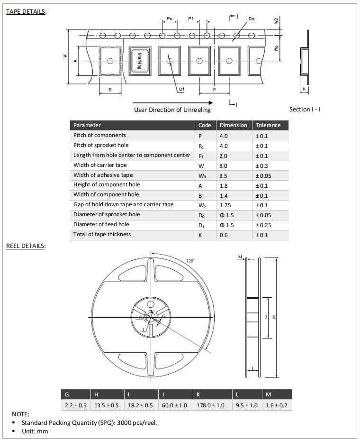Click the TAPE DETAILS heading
tap(26, 11)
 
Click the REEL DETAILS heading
tap(26, 246)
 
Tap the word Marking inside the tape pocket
tap(140, 61)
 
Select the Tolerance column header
tap(268, 125)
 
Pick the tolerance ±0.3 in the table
tap(262, 165)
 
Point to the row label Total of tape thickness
tap(102, 234)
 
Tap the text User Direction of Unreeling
tap(172, 110)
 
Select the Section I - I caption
tap(305, 110)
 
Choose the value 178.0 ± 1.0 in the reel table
tap(210, 405)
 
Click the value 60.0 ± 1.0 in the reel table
tap(174, 405)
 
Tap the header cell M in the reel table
tap(269, 395)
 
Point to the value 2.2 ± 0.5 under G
tap(76, 405)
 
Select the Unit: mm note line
tap(35, 431)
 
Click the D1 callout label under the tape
tap(181, 89)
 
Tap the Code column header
tap(205, 125)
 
